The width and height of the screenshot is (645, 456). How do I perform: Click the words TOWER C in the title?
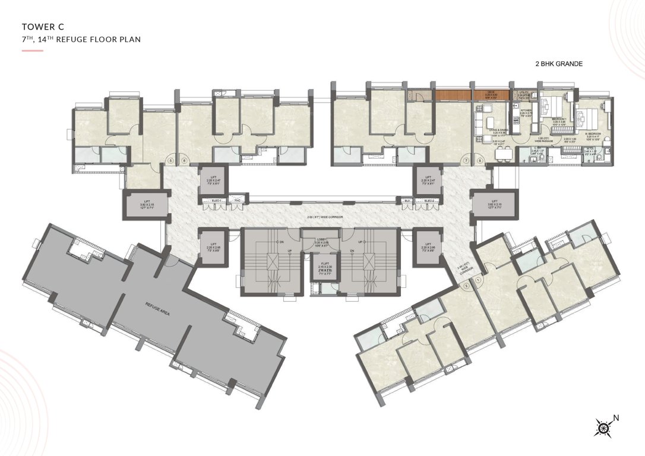[x=43, y=27]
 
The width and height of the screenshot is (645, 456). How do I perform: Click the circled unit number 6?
[x=185, y=160]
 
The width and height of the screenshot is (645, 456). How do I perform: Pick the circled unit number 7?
[x=467, y=160]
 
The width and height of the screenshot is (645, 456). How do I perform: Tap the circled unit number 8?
[x=479, y=160]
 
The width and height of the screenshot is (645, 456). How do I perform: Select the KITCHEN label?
[x=526, y=110]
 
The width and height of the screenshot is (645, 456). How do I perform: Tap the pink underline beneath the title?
[x=33, y=50]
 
